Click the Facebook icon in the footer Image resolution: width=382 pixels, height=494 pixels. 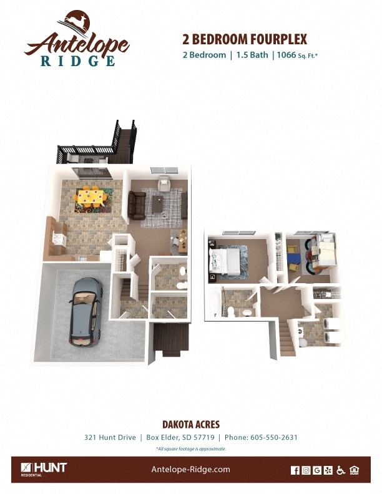(x=295, y=470)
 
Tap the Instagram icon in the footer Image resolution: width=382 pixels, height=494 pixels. (x=306, y=470)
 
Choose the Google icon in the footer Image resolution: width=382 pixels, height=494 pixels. (x=317, y=470)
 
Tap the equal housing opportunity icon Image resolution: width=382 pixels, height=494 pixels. (x=354, y=470)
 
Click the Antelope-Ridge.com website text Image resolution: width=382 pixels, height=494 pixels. (x=191, y=470)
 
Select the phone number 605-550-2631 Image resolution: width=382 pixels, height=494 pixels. (x=274, y=437)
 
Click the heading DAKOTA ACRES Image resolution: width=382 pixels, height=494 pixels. (x=191, y=425)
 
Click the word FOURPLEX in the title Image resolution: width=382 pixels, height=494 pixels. (x=277, y=39)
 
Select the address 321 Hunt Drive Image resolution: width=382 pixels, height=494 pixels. (x=110, y=437)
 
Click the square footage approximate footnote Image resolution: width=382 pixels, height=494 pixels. (x=191, y=448)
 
